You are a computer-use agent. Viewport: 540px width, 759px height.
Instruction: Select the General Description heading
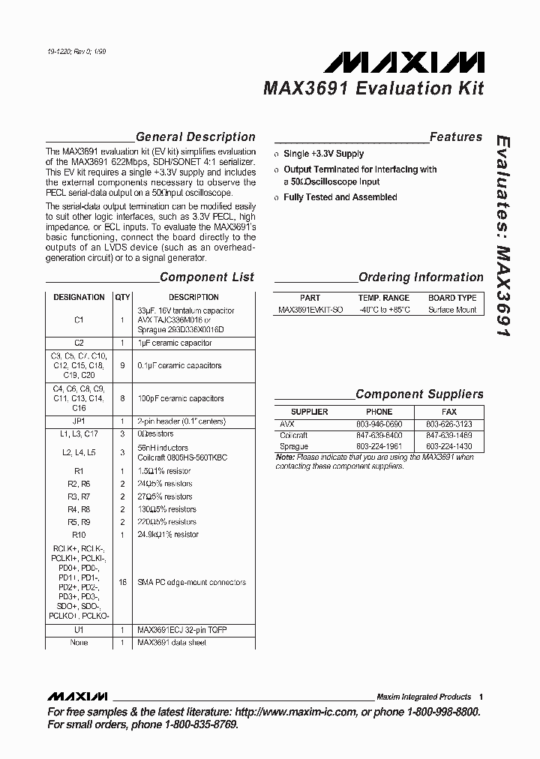click(195, 137)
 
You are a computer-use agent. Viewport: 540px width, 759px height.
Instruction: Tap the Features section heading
click(455, 137)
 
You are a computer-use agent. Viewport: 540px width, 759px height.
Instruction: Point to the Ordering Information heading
click(421, 277)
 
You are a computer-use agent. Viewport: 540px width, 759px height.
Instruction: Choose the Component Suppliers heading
click(419, 394)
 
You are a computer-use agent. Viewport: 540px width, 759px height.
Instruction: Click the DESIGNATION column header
click(79, 298)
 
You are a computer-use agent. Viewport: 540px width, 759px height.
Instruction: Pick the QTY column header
click(121, 298)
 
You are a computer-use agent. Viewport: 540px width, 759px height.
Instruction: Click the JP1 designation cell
click(79, 421)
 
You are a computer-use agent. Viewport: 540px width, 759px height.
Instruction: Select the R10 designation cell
click(79, 535)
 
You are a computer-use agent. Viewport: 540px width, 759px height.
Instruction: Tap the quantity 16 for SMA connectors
click(121, 582)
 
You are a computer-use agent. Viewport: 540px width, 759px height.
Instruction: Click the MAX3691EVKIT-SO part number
click(310, 310)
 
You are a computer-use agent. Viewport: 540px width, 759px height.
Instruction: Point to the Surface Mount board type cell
click(452, 310)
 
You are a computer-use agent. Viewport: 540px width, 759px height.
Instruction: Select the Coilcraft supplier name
click(294, 435)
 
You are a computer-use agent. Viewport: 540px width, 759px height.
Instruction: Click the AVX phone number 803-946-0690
click(379, 424)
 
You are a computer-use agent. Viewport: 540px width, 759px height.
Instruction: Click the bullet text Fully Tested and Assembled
click(340, 197)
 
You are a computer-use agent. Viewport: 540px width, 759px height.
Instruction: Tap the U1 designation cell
click(79, 631)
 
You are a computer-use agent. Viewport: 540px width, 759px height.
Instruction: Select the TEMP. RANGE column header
click(383, 298)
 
